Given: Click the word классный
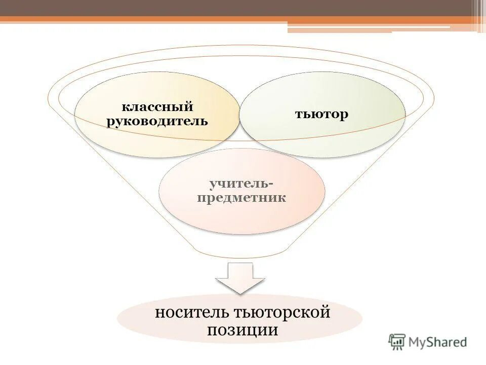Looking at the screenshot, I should [x=157, y=107].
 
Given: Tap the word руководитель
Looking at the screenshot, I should [x=157, y=122].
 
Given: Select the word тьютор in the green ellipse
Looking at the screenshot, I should [x=322, y=114].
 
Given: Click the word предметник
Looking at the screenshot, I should [x=241, y=197].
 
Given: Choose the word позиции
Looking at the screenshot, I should [x=242, y=330].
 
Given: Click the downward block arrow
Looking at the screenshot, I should [x=240, y=277].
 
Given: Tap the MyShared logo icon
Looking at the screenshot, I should [x=397, y=342].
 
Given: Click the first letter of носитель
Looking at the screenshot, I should [x=158, y=313].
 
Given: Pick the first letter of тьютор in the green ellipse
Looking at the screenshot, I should [x=299, y=115].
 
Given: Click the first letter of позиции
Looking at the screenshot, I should [x=211, y=331].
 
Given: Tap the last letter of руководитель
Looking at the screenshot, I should [x=205, y=122].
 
